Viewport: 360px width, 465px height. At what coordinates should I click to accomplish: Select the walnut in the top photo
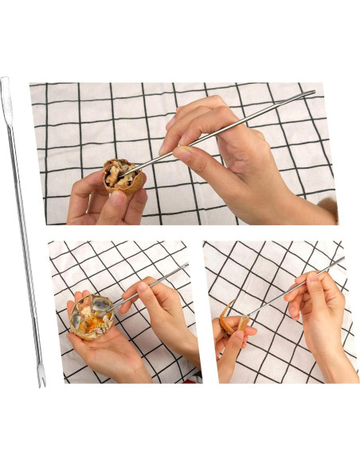[x=123, y=178]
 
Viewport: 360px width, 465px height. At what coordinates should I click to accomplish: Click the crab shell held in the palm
[x=91, y=316]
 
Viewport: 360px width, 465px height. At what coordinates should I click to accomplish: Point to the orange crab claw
[x=232, y=322]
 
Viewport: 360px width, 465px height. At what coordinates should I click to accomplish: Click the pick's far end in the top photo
[x=312, y=92]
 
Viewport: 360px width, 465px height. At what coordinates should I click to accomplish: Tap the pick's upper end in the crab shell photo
[x=187, y=264]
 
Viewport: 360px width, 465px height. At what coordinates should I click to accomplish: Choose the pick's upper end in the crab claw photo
[x=342, y=258]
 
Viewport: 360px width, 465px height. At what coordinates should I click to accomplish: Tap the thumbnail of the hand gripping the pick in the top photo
[x=182, y=154]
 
